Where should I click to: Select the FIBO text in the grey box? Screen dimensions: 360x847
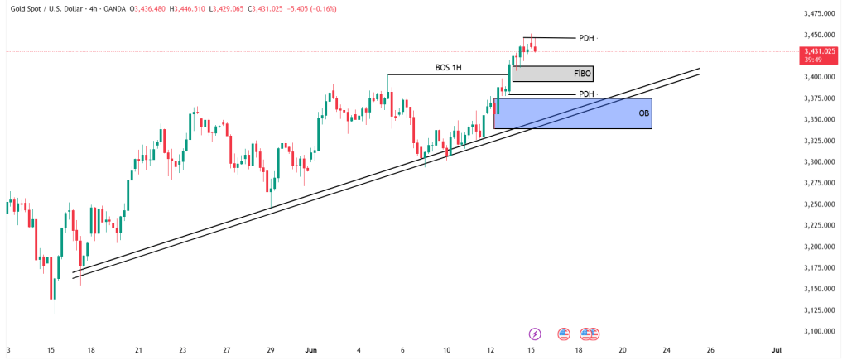coord(582,74)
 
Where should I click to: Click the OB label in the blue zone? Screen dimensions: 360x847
coord(643,113)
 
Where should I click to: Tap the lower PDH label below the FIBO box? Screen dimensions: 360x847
coord(586,94)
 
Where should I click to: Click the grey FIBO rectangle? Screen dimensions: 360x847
coord(546,74)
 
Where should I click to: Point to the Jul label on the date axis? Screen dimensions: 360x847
coord(776,350)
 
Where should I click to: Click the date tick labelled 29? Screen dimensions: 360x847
coord(271,350)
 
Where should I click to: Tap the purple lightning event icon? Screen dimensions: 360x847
coord(535,334)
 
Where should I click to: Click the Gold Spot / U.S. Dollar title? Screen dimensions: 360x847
coord(48,7)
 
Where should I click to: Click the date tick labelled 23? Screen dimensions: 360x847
coord(182,350)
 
